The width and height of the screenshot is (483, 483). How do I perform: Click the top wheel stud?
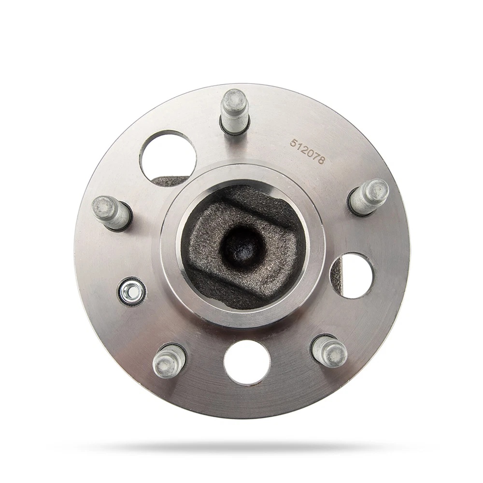click(235, 111)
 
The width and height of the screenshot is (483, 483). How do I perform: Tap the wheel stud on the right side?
click(369, 197)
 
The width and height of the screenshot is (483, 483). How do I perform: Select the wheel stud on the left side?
click(112, 213)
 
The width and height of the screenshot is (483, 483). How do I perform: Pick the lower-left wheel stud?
click(169, 361)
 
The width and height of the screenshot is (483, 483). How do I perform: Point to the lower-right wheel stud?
click(329, 351)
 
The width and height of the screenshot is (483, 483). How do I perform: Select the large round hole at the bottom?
click(247, 362)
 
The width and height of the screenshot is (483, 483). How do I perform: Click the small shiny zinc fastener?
click(132, 291)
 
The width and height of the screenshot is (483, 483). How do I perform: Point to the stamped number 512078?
click(307, 151)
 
